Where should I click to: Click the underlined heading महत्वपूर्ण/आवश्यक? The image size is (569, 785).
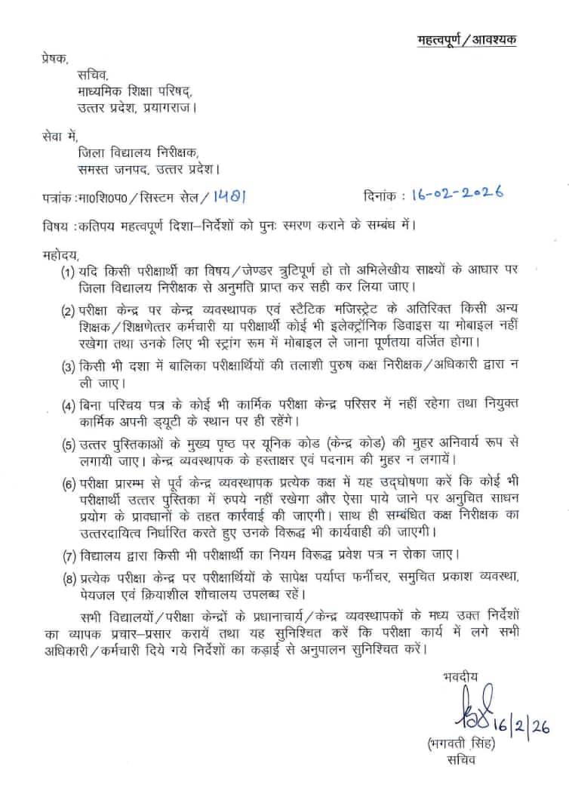pos(467,40)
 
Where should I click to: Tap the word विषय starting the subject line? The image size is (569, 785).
pos(53,226)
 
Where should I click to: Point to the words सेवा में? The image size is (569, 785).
pos(57,137)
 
